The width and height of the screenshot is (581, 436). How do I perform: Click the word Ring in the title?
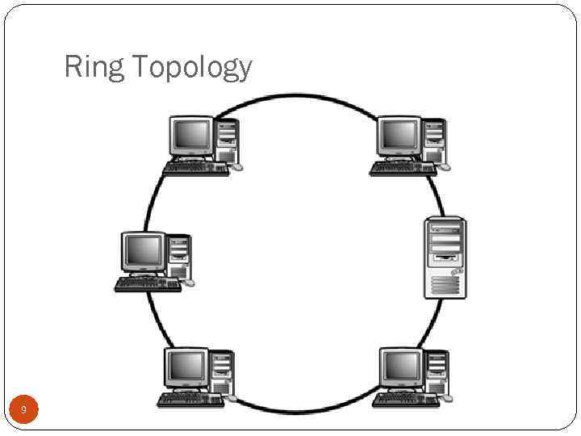tap(94, 67)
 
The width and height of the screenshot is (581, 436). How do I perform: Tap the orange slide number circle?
tap(23, 411)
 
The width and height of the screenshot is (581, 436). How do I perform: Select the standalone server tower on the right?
tap(445, 258)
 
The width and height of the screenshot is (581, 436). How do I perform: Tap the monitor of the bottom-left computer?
tap(186, 368)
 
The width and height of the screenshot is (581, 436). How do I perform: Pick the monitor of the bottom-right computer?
tap(401, 368)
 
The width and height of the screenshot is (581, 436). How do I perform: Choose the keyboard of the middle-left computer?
tap(148, 284)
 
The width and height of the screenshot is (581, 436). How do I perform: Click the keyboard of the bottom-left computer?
tap(190, 400)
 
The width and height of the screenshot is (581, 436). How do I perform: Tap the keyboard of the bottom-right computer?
tap(406, 400)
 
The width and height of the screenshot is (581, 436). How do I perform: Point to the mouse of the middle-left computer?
tap(189, 283)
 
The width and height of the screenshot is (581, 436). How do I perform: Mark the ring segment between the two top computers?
tap(297, 97)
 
